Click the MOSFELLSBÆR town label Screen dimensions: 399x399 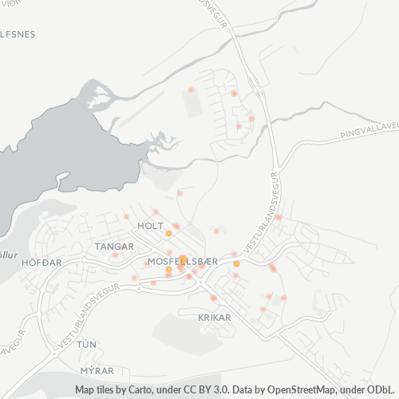click(178, 262)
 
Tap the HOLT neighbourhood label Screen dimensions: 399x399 click(150, 226)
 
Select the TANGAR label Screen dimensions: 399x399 click(114, 247)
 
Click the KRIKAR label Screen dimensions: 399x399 click(214, 317)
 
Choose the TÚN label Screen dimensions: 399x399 click(86, 343)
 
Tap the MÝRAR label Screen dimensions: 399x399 click(97, 371)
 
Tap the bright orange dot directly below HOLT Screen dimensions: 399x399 click(168, 234)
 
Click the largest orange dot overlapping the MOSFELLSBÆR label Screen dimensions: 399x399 click(183, 260)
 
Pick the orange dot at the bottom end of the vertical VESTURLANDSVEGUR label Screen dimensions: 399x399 click(236, 263)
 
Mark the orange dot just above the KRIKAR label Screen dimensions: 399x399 click(213, 298)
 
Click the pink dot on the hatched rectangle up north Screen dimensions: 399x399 click(190, 90)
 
